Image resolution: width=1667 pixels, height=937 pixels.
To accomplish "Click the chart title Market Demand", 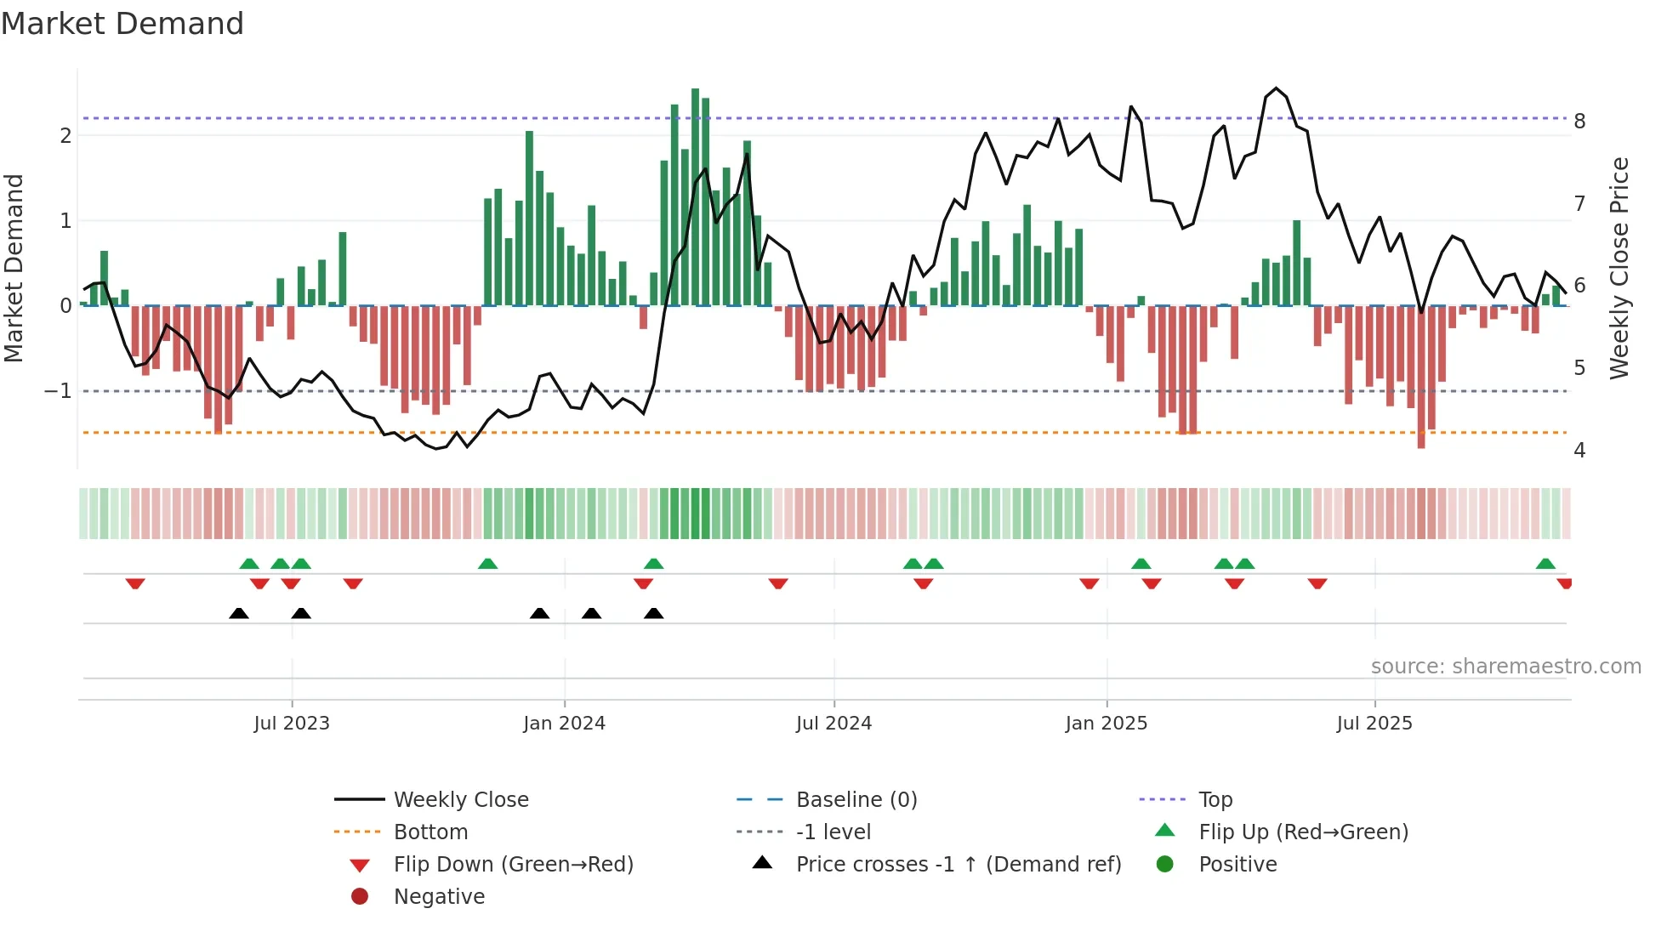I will (x=122, y=24).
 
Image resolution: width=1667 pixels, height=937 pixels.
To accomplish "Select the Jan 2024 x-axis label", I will (x=564, y=724).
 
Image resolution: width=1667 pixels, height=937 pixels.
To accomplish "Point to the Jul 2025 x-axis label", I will (x=1374, y=724).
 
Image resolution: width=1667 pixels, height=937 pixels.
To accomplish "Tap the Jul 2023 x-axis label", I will (x=291, y=724).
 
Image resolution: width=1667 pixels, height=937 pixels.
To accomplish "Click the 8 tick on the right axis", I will (x=1579, y=122).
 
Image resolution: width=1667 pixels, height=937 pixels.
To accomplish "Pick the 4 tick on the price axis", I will (x=1579, y=451).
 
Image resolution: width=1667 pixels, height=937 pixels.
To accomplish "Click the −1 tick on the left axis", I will (x=58, y=391).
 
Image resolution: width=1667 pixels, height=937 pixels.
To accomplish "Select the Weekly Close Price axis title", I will (x=1619, y=268).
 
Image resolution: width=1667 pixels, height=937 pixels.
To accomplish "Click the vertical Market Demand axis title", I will (x=14, y=268).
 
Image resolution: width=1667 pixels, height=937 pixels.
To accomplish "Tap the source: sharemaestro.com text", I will (x=1505, y=667).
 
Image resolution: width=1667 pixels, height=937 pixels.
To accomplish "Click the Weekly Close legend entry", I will (x=460, y=800).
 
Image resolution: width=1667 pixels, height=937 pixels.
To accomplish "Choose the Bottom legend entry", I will (x=430, y=832).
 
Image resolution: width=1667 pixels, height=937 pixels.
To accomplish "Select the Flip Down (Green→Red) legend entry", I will (x=513, y=865).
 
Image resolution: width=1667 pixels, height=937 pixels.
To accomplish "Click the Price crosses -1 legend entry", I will (x=958, y=865).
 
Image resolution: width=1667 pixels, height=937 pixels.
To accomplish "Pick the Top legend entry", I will (x=1215, y=800).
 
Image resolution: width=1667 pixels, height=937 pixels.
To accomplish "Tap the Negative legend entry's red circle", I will (x=360, y=897).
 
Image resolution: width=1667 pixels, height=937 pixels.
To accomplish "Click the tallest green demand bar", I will (x=696, y=196).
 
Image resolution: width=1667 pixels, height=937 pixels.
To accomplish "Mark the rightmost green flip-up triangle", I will (x=1545, y=564).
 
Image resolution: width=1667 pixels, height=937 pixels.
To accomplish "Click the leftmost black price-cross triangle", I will (x=239, y=614).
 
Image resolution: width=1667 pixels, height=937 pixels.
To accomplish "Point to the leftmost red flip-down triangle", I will (x=135, y=583).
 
